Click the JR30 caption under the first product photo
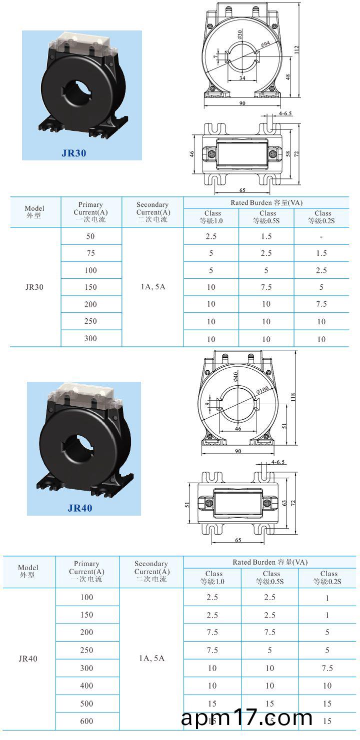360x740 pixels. (x=74, y=153)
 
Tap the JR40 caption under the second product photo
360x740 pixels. (x=80, y=508)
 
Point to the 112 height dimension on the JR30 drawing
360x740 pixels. (x=296, y=49)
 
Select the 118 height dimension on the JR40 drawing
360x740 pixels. (x=293, y=397)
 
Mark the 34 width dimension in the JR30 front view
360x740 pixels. (x=242, y=78)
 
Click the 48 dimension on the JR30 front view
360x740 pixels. (x=288, y=77)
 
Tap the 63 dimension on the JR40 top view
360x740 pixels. (x=285, y=504)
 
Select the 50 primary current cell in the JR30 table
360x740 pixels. (x=90, y=236)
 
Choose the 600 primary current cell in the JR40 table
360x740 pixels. (x=87, y=721)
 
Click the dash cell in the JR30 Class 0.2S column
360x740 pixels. (x=321, y=236)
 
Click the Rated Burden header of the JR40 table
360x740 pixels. (x=269, y=562)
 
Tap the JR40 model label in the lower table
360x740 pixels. (x=28, y=659)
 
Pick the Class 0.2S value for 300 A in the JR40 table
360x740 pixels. (x=327, y=668)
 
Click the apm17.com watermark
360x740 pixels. (x=247, y=719)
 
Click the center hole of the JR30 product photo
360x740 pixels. (x=75, y=92)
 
